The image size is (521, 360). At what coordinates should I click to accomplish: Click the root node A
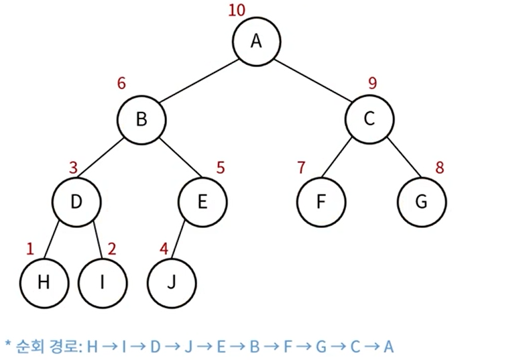tap(255, 42)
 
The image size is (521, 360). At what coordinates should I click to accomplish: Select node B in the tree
tap(141, 120)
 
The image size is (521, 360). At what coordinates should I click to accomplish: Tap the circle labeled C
tap(369, 120)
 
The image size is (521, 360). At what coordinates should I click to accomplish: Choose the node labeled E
tap(202, 201)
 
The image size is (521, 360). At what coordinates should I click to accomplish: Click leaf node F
tap(321, 201)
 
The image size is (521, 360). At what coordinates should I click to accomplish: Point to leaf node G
tap(421, 201)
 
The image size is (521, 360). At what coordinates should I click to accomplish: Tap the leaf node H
tap(44, 282)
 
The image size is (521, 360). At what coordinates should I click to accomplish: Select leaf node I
tap(102, 282)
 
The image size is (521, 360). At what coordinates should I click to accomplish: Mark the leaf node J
tap(171, 282)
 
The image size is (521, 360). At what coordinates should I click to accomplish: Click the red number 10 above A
tap(237, 11)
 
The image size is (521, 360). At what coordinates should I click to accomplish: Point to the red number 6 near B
tap(121, 84)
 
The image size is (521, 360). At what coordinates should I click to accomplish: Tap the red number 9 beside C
tap(373, 84)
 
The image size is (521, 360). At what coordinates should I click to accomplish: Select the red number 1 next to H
tap(30, 249)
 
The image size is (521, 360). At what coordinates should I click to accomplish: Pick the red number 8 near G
tap(440, 167)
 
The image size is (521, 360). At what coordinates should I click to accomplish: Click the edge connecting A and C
tap(312, 80)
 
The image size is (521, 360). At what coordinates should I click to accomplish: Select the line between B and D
tap(108, 160)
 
